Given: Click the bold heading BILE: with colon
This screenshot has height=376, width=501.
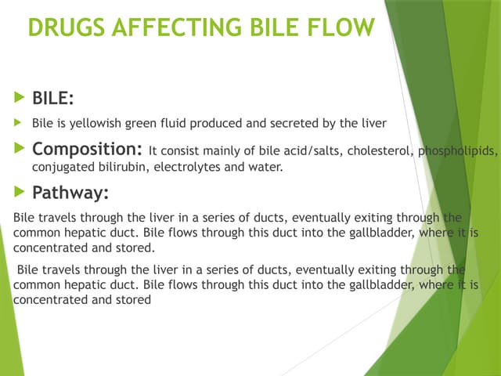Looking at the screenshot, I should [54, 99].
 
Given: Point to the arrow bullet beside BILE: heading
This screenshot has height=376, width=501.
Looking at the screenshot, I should [19, 99].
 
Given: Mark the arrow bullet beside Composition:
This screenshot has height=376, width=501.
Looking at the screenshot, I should [19, 149].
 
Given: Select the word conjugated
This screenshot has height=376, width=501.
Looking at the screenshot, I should [60, 167].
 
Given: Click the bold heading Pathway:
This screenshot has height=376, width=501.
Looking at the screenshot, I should [70, 192].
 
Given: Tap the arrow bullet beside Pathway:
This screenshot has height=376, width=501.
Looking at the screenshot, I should [19, 192].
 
